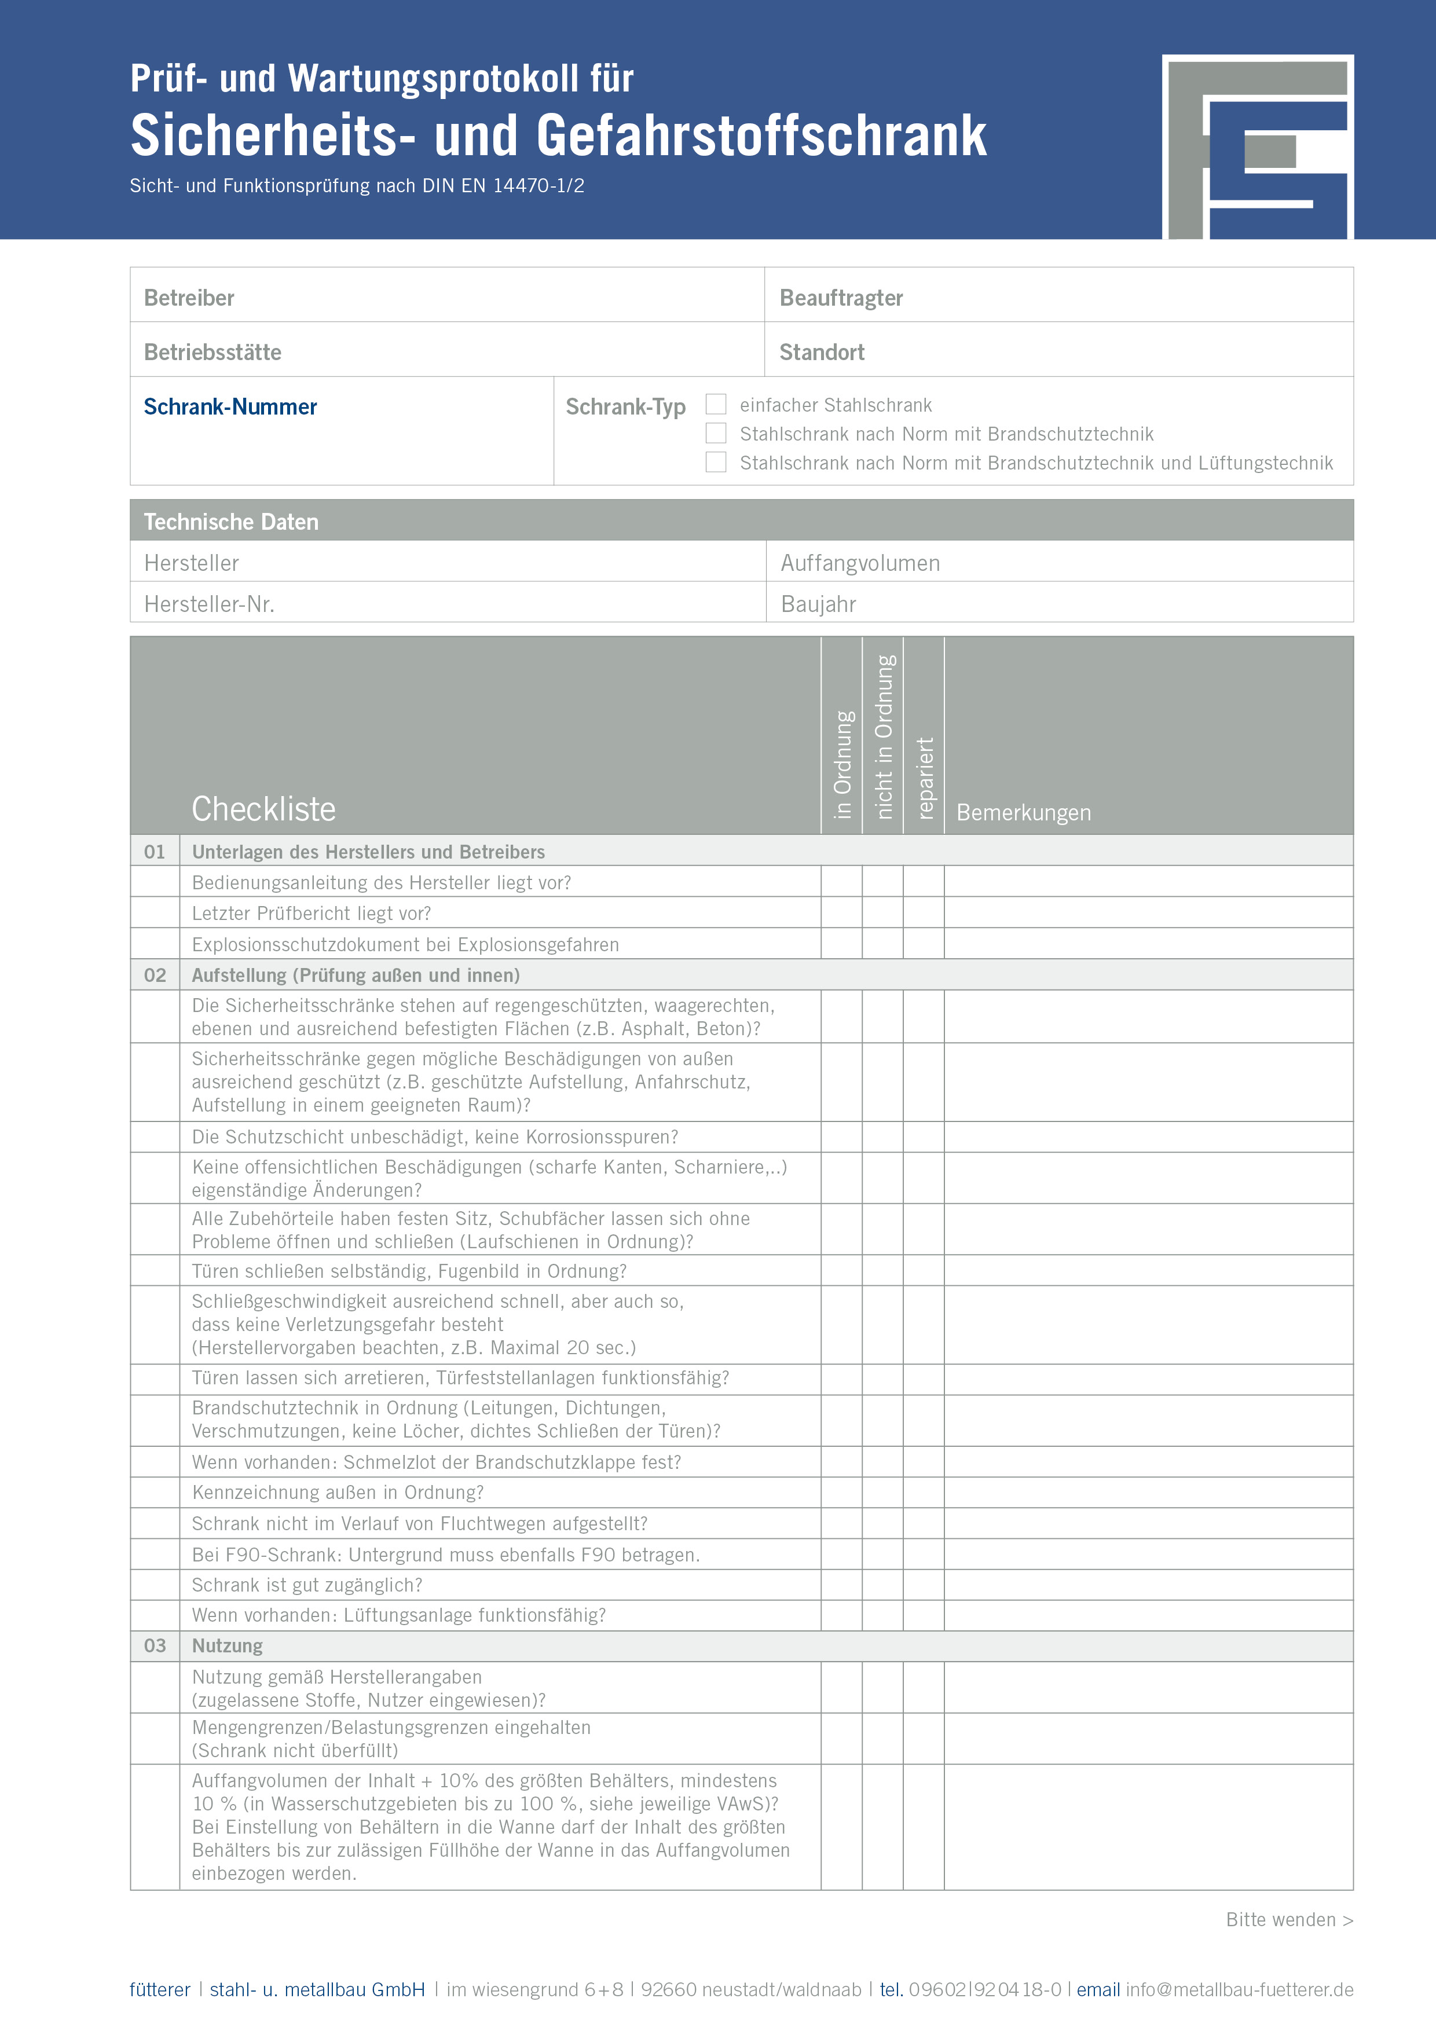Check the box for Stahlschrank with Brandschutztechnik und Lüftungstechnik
pos(716,462)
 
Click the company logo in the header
pos(1257,147)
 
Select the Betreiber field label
pos(189,298)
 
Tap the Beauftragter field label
pos(841,298)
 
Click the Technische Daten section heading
pos(231,522)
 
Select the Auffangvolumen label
pos(860,563)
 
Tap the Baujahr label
pos(818,604)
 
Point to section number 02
pos(155,975)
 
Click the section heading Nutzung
pos(228,1645)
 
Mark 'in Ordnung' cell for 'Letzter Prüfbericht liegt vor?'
pos(841,913)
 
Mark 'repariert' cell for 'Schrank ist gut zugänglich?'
pos(924,1584)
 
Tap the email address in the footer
pos(1239,1989)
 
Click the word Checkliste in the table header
pos(263,808)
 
